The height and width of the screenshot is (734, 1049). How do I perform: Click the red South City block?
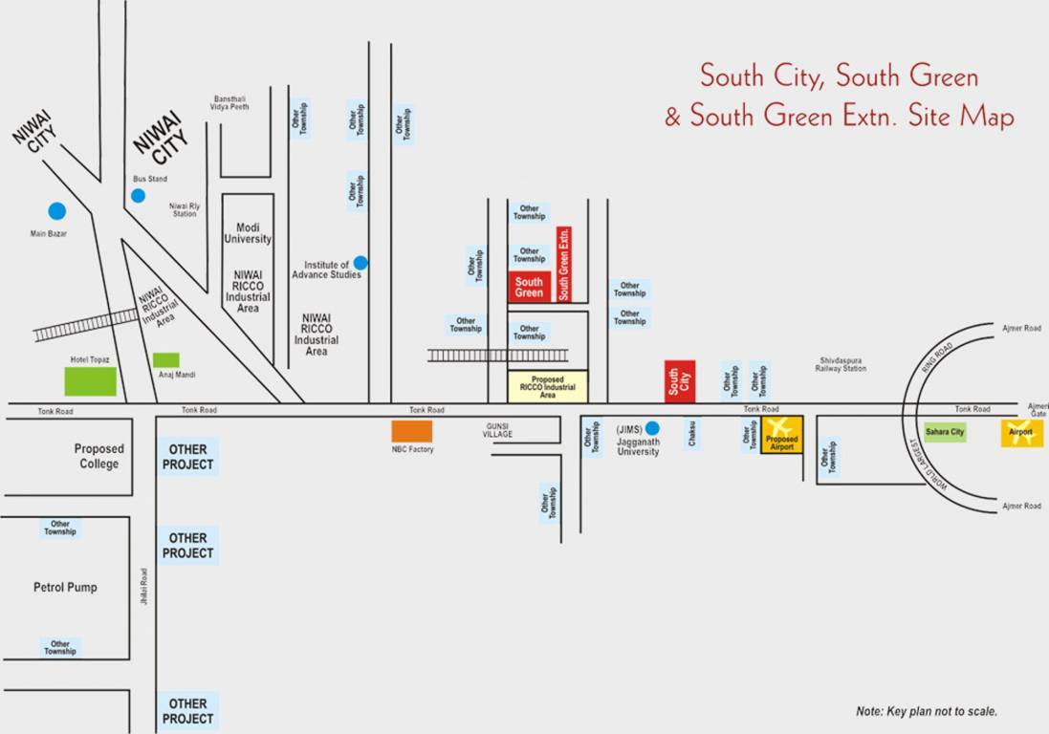pyautogui.click(x=680, y=381)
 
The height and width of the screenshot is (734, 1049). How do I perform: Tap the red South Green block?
pyautogui.click(x=529, y=287)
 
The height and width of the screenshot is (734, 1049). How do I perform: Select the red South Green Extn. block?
pyautogui.click(x=564, y=264)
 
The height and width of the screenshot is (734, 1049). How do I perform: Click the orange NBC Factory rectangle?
pyautogui.click(x=411, y=431)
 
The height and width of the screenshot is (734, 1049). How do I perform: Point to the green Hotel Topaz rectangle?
pyautogui.click(x=90, y=380)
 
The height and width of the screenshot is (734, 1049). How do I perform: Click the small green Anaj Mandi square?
pyautogui.click(x=165, y=359)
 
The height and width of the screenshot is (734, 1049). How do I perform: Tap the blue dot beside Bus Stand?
pyautogui.click(x=138, y=195)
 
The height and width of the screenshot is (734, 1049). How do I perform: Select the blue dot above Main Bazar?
pyautogui.click(x=57, y=211)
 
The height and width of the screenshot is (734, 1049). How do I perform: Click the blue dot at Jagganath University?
pyautogui.click(x=652, y=428)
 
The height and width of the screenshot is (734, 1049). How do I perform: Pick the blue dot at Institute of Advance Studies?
pyautogui.click(x=361, y=263)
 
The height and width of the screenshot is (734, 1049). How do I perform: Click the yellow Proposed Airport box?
pyautogui.click(x=781, y=435)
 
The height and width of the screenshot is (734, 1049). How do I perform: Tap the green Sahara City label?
pyautogui.click(x=945, y=432)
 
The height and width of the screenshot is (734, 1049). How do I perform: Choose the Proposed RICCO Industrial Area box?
pyautogui.click(x=547, y=386)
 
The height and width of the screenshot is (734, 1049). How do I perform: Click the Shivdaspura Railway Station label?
pyautogui.click(x=841, y=364)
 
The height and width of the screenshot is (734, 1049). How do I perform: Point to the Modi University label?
pyautogui.click(x=248, y=232)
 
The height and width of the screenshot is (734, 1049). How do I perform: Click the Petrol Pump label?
pyautogui.click(x=65, y=587)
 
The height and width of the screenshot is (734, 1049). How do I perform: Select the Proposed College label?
pyautogui.click(x=99, y=456)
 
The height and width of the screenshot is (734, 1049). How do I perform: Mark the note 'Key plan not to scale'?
pyautogui.click(x=926, y=711)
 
